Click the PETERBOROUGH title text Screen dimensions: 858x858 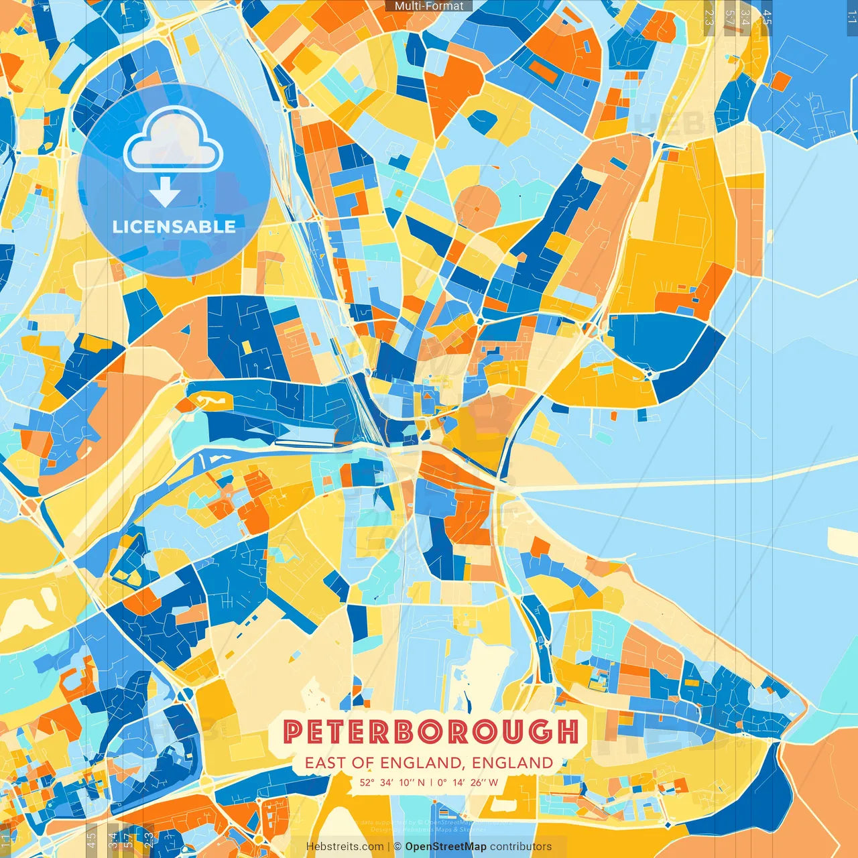[x=430, y=731]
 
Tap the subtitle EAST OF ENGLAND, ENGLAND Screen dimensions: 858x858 [x=429, y=763]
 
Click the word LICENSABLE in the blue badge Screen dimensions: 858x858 [x=174, y=227]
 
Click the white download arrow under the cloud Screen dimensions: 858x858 [x=165, y=192]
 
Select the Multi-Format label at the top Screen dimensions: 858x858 [x=429, y=6]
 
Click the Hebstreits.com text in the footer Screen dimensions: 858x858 [x=345, y=847]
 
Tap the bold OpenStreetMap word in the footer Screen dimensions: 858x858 [x=446, y=847]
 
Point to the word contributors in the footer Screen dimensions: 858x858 [x=521, y=847]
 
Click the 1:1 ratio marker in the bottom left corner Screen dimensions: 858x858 [x=6, y=839]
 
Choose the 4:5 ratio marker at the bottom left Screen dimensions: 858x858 [x=91, y=839]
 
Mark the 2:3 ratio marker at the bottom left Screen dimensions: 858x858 [x=149, y=839]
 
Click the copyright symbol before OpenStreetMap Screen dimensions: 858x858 [x=397, y=847]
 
